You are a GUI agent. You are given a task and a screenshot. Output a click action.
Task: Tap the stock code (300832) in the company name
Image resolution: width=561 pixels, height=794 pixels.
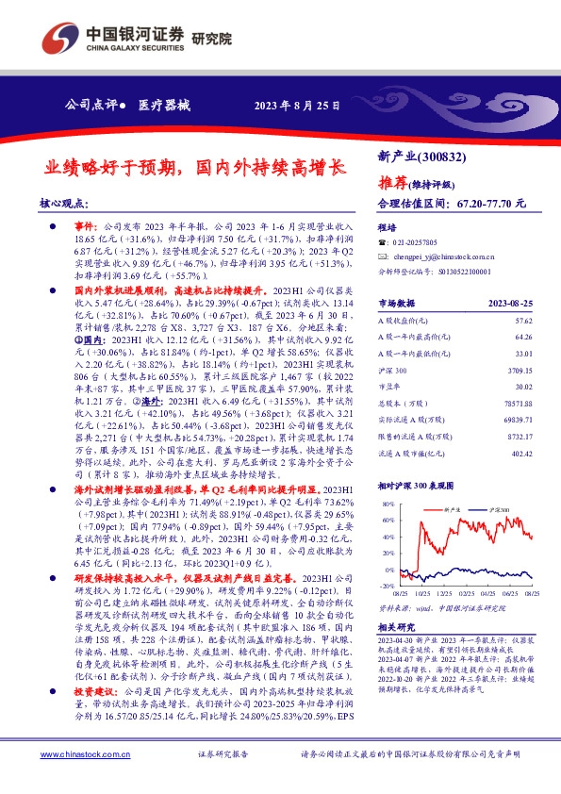pyautogui.click(x=440, y=157)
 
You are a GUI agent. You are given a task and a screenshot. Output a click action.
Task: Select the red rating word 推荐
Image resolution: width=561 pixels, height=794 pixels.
pyautogui.click(x=393, y=180)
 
